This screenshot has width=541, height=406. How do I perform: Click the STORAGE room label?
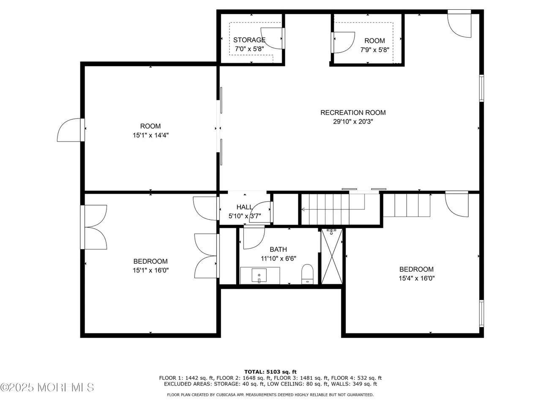(x=249, y=40)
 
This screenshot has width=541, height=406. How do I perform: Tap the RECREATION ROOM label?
(x=353, y=112)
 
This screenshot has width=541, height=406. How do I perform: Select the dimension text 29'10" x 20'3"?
(x=353, y=121)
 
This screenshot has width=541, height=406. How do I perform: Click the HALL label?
(x=244, y=207)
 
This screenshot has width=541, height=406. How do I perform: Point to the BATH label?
(x=278, y=250)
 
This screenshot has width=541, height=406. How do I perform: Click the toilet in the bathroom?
(x=307, y=274)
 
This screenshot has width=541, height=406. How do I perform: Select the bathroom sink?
(x=259, y=275)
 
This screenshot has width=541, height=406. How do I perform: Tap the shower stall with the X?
(x=332, y=256)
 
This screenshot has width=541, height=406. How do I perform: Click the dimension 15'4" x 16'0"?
(x=417, y=278)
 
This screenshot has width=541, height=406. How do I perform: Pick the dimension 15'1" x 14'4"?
(x=150, y=135)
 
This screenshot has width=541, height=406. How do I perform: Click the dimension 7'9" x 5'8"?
(x=374, y=50)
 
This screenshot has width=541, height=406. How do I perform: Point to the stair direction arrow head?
(x=303, y=209)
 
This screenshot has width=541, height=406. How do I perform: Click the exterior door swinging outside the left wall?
(x=69, y=130)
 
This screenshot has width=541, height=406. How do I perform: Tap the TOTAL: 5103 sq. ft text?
(x=270, y=372)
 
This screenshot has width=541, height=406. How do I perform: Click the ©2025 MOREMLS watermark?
(x=47, y=387)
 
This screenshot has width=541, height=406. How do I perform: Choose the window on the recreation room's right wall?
(x=481, y=88)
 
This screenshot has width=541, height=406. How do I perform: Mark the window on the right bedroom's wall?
(x=481, y=313)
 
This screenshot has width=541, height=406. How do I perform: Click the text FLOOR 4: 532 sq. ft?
(x=356, y=378)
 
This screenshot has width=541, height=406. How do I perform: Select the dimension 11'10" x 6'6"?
(x=279, y=258)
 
